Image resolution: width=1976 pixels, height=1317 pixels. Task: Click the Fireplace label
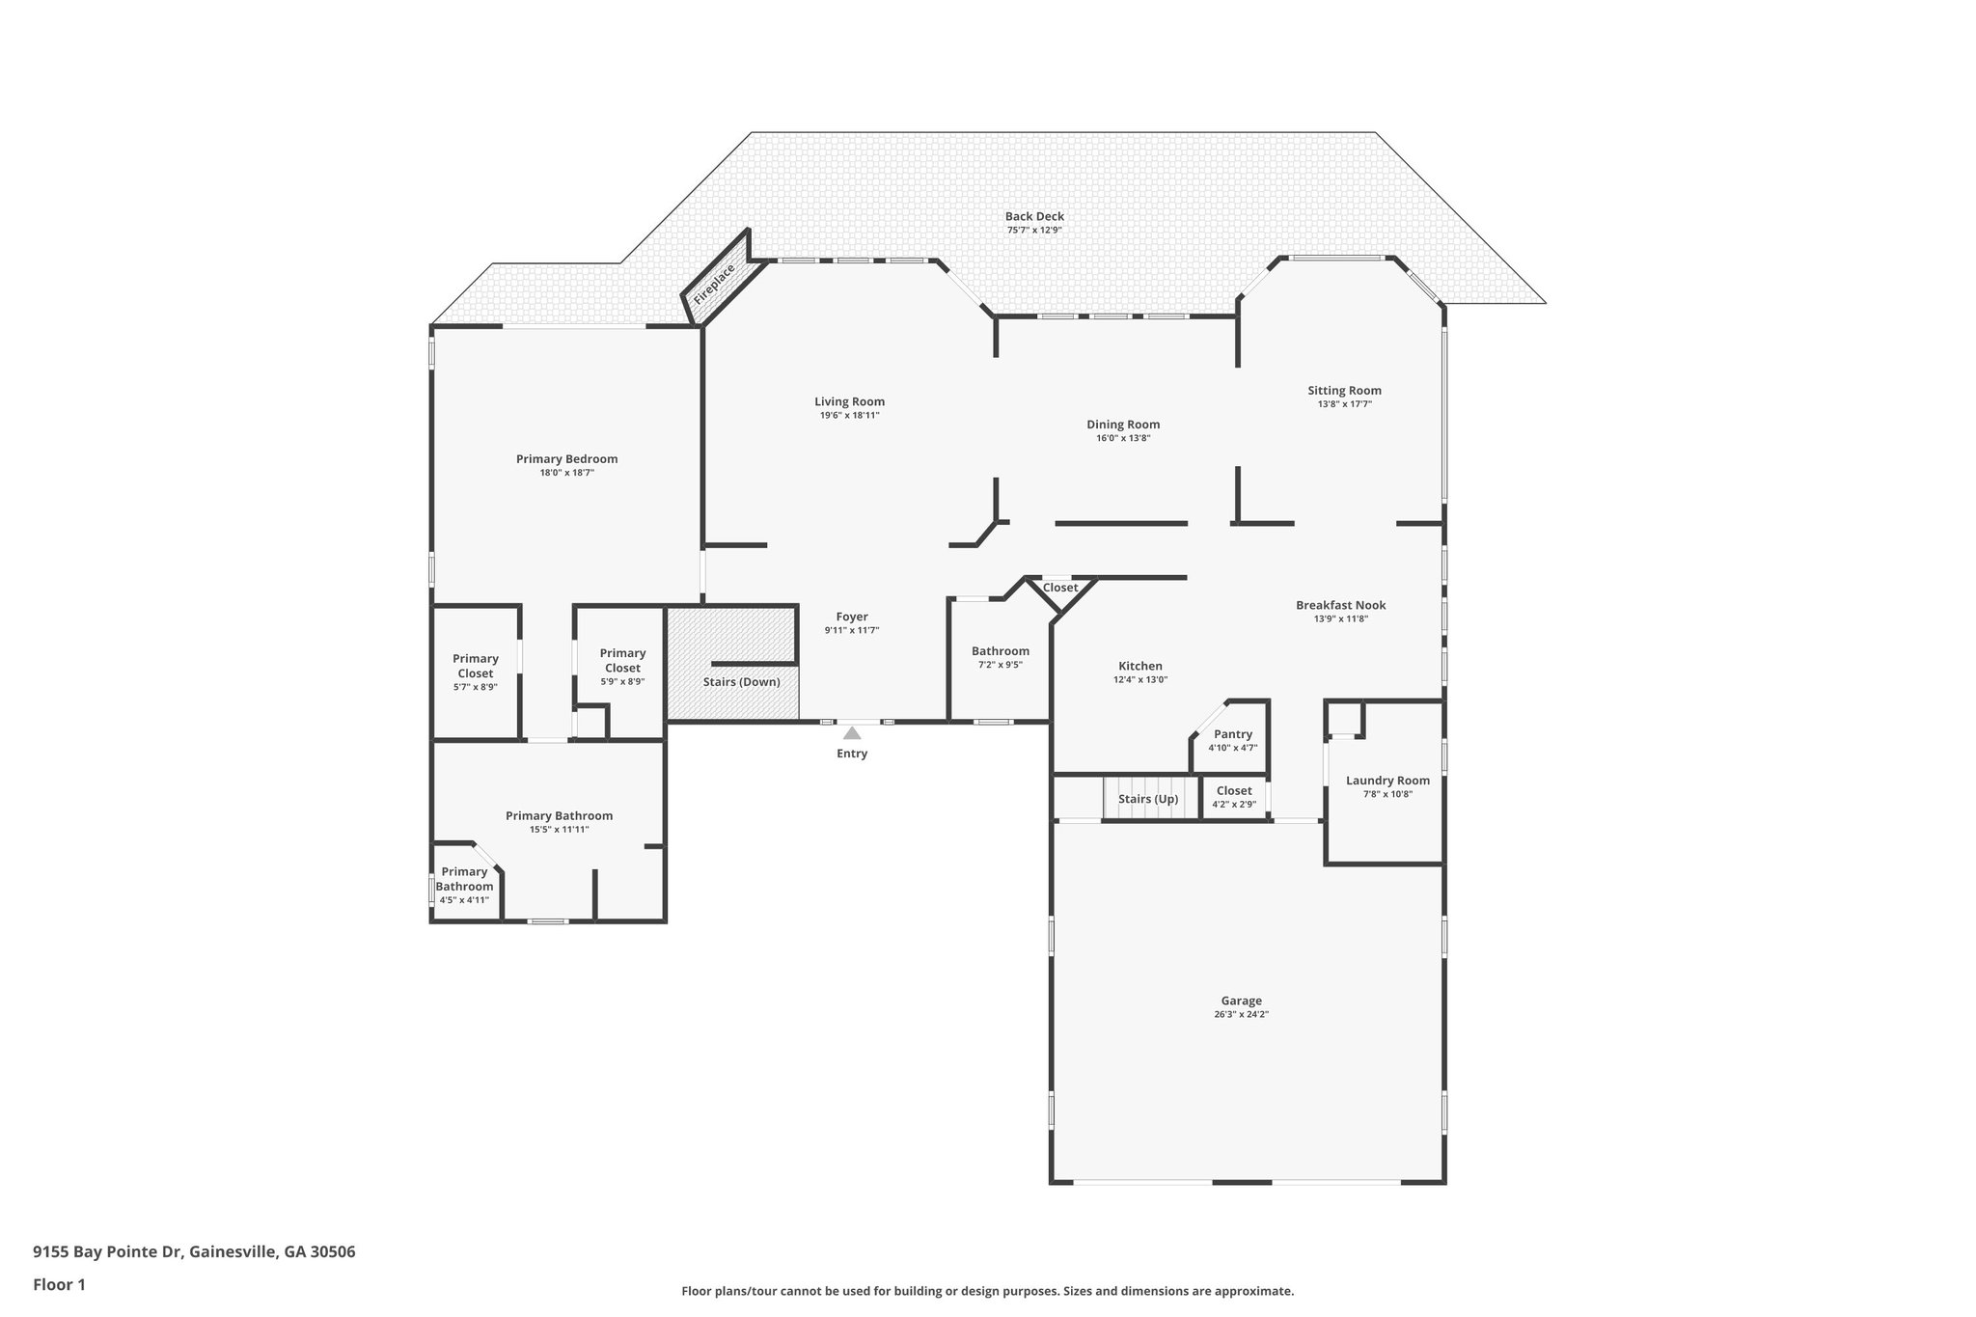714,285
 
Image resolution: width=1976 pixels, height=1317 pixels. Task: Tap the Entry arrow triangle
852,733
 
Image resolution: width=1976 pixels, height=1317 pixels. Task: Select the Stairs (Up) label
1148,799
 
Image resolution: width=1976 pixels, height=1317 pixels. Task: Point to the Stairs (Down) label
741,682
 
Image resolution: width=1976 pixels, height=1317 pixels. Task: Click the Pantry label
1233,734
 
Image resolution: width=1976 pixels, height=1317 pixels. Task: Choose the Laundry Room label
1387,781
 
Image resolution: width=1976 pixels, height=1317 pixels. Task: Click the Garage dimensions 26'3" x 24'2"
1241,1014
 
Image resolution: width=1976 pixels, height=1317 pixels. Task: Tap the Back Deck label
1034,216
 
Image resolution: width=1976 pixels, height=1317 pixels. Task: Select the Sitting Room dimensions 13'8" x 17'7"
1344,404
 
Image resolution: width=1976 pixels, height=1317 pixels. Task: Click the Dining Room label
1123,425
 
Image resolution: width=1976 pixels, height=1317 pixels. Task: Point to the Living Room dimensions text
849,415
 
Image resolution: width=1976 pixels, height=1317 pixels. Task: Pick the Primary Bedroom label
566,459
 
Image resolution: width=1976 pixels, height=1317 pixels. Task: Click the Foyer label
852,617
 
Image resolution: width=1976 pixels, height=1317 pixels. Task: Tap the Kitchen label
1140,666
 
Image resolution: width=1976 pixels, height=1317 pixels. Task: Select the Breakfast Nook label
1340,605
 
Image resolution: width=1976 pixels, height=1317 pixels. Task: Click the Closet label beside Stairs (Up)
1234,791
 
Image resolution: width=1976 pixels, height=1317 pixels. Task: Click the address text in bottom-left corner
194,1252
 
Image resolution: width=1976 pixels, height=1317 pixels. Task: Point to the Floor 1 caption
59,1284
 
